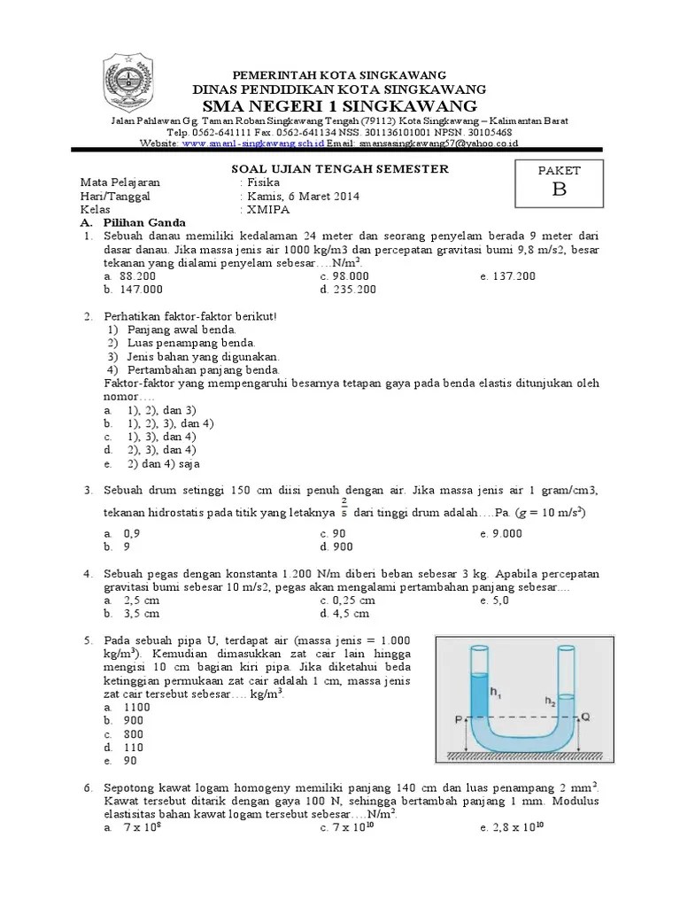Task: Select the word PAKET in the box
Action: point(559,170)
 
